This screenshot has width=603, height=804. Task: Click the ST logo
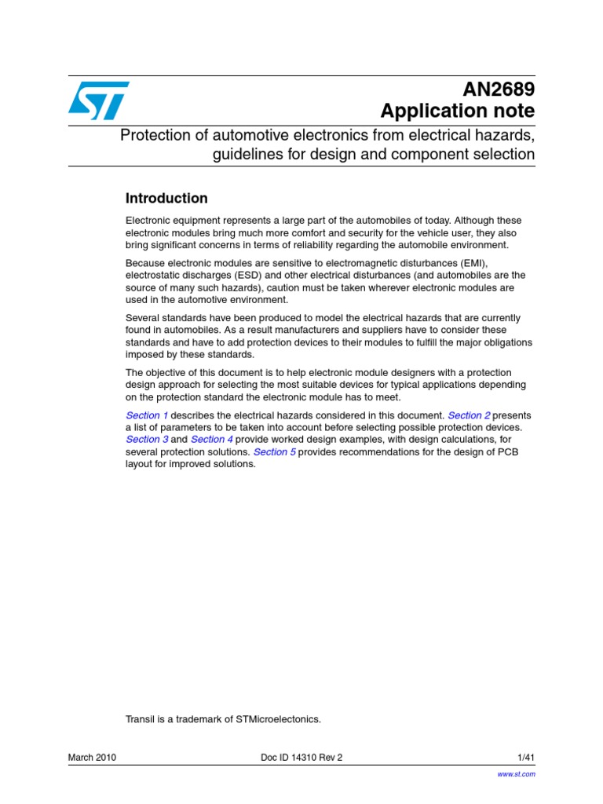(98, 100)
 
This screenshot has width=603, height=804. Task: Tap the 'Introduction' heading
(166, 199)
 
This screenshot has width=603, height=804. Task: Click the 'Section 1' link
(147, 415)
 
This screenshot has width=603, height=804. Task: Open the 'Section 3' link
(147, 440)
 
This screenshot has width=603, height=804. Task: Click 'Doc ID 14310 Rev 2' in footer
(301, 757)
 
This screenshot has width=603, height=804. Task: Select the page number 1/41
(526, 757)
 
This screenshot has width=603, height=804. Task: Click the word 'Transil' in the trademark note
(141, 718)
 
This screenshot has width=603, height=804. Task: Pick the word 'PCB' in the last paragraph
(507, 452)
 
